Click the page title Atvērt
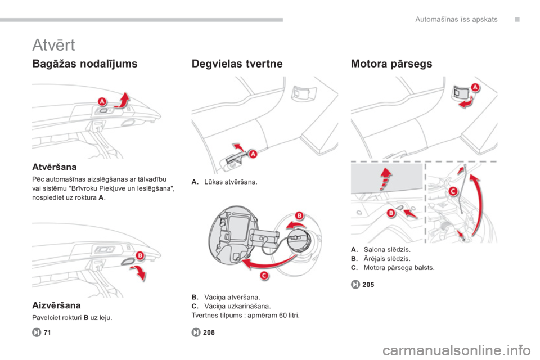pyautogui.click(x=53, y=45)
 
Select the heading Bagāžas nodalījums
pyautogui.click(x=85, y=64)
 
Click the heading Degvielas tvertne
pyautogui.click(x=237, y=64)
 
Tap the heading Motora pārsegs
pyautogui.click(x=391, y=64)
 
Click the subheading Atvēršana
pyautogui.click(x=55, y=167)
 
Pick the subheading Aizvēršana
pyautogui.click(x=56, y=305)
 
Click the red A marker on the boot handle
pyautogui.click(x=102, y=102)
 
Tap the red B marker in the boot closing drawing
pyautogui.click(x=140, y=255)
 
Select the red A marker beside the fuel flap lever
pyautogui.click(x=253, y=154)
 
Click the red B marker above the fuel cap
pyautogui.click(x=300, y=215)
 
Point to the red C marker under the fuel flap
pyautogui.click(x=264, y=275)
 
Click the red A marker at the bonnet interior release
pyautogui.click(x=475, y=87)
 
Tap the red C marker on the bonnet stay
pyautogui.click(x=453, y=191)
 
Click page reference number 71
pyautogui.click(x=47, y=332)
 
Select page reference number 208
pyautogui.click(x=209, y=332)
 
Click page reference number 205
pyautogui.click(x=368, y=285)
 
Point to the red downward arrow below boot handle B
pyautogui.click(x=139, y=273)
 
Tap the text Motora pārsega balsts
pyautogui.click(x=399, y=268)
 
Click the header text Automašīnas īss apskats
pyautogui.click(x=456, y=19)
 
